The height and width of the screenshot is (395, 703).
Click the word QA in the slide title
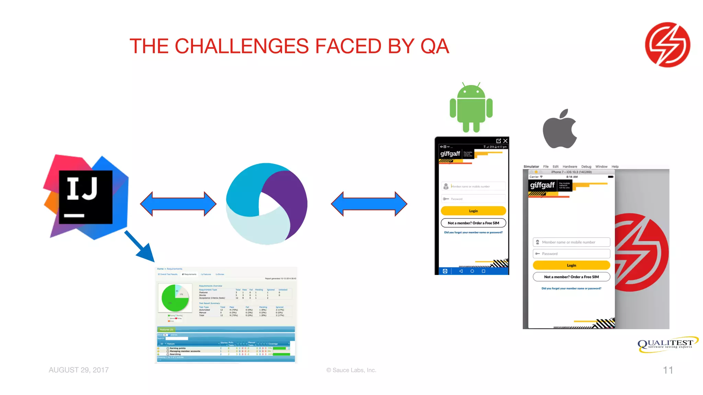[435, 46]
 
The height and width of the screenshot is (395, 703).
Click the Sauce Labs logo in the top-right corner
[667, 45]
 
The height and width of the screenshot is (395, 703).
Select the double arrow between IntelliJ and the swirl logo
[178, 204]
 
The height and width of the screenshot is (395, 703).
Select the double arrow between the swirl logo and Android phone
[369, 204]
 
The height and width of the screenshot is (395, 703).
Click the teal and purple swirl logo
[267, 204]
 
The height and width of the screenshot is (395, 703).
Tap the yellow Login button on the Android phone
[473, 211]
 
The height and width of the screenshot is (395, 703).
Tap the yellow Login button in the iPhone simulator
[571, 265]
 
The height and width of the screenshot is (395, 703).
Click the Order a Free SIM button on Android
[473, 223]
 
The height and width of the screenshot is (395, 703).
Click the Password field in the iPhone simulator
[571, 254]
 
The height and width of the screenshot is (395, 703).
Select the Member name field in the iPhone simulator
[571, 242]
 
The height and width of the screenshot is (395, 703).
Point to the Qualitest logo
[667, 344]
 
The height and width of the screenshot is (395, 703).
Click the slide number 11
[668, 370]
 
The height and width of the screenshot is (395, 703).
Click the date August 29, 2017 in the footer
[79, 370]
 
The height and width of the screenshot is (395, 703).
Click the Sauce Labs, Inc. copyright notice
[351, 370]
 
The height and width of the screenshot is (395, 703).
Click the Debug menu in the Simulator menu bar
[586, 167]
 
